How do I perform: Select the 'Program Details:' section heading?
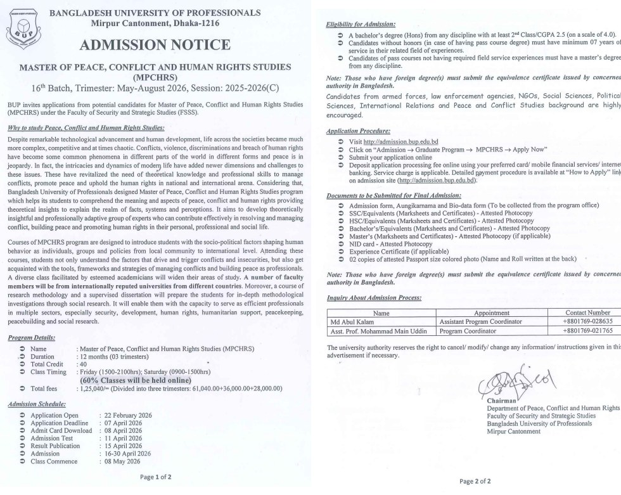point(32,338)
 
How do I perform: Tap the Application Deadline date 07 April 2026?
point(121,423)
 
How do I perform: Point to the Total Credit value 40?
point(81,364)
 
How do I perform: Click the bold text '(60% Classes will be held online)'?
point(135,380)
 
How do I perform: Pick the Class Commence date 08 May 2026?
point(120,461)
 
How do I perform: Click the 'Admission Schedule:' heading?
point(37,404)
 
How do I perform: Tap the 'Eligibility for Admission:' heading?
point(360,24)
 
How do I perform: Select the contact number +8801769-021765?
point(587,331)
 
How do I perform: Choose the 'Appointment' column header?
point(492,312)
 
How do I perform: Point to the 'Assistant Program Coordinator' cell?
point(480,321)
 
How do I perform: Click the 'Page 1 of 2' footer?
point(155,476)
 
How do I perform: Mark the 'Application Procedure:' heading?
point(358,131)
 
